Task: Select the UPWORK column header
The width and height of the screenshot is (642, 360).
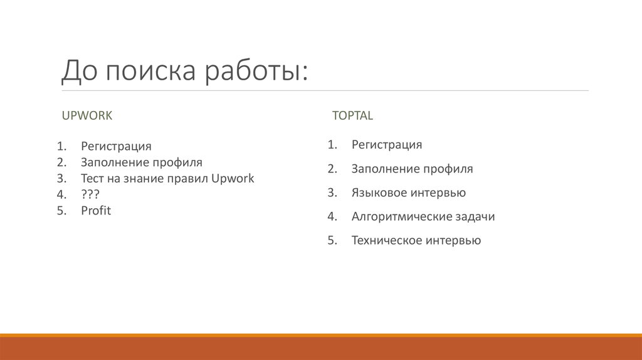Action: click(x=87, y=116)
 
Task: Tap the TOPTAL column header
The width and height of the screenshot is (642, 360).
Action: click(x=352, y=116)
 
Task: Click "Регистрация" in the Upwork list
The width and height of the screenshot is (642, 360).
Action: click(x=116, y=146)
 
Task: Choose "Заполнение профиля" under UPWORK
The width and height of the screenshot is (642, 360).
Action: click(x=141, y=162)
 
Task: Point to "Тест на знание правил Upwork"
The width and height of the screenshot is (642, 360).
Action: click(x=167, y=179)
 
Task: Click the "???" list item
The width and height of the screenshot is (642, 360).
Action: click(x=90, y=194)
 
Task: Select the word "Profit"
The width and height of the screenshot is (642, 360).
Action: click(x=95, y=211)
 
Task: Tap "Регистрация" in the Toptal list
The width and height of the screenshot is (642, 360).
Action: click(x=386, y=145)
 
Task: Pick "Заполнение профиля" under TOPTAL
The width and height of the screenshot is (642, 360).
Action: click(x=412, y=169)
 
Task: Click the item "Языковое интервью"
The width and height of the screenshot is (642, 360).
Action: click(x=408, y=193)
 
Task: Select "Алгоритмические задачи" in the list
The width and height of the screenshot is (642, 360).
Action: click(x=423, y=216)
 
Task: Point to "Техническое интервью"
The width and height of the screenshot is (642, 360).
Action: click(x=416, y=240)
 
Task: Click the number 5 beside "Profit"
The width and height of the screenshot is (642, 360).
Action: click(x=61, y=211)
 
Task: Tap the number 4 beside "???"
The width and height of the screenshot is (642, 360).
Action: click(x=61, y=194)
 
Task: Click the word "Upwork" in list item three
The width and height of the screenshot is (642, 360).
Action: click(x=233, y=179)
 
